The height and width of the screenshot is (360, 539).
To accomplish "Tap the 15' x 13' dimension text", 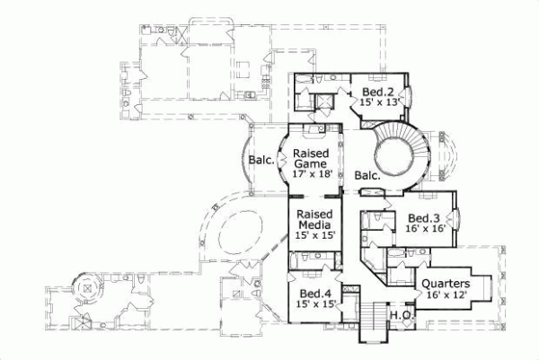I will (378, 104).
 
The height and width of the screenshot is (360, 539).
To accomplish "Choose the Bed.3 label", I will (422, 218).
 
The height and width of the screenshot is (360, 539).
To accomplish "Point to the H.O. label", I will (400, 316).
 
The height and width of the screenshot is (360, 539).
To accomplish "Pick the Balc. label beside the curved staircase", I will (367, 176).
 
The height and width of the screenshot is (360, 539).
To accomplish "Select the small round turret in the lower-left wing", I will (90, 287).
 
